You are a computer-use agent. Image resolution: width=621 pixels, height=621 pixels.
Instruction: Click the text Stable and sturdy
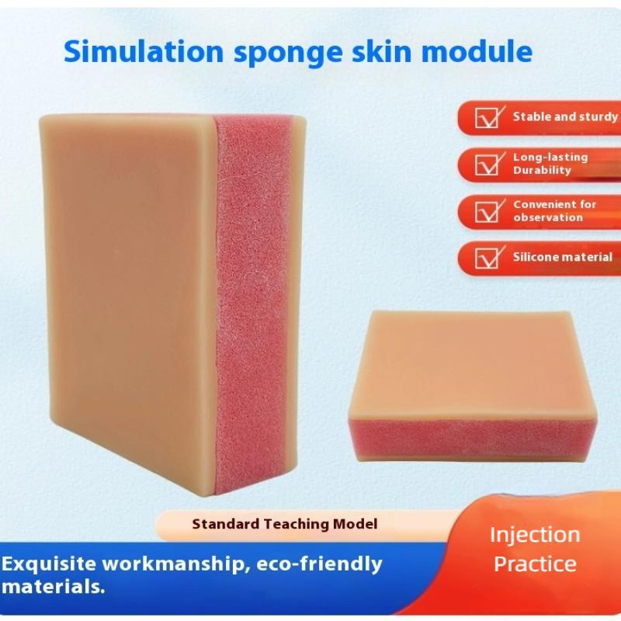[565, 117]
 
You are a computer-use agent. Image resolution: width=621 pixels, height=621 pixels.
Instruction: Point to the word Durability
[542, 170]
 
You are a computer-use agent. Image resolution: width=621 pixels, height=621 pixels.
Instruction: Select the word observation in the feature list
[548, 217]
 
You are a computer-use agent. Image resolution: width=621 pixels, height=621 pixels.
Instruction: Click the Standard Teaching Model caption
[285, 524]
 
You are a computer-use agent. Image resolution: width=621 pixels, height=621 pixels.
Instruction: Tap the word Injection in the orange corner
[535, 535]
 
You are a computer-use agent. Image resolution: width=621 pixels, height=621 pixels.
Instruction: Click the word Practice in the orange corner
[535, 564]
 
